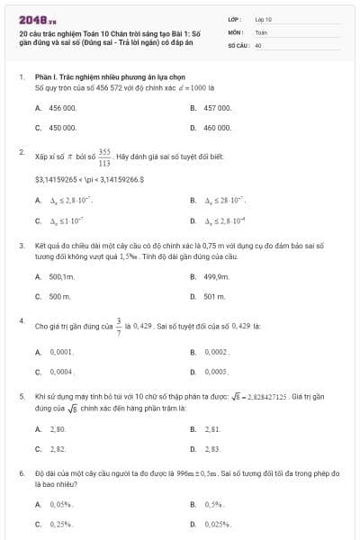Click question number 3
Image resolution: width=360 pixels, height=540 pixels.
pos(21,245)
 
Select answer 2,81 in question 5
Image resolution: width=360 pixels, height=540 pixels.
pos(211,429)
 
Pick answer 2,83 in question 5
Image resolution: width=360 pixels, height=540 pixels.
pos(212,447)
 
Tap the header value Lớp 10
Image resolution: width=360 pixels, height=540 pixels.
pos(263,18)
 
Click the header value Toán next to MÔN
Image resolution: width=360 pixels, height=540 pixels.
pos(261,31)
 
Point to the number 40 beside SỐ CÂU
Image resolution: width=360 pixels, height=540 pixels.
pos(258,44)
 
